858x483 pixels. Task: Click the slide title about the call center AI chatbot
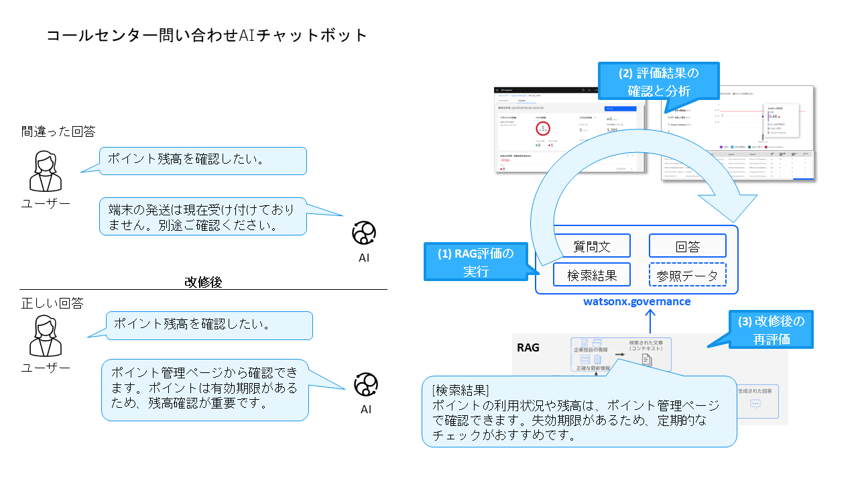point(207,35)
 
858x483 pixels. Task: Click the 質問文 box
point(593,246)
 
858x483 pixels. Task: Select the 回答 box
point(688,246)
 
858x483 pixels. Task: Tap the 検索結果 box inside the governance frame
point(592,274)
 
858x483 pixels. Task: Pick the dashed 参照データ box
point(688,274)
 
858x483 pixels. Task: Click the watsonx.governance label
point(637,301)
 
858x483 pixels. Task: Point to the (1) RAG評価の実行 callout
point(475,262)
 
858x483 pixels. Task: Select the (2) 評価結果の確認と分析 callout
point(658,80)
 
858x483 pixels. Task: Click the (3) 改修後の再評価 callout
point(771,329)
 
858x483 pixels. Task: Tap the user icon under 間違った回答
point(46,172)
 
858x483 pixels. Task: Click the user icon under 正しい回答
point(46,336)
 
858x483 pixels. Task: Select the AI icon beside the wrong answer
point(364,233)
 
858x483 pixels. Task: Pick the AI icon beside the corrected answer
point(366,384)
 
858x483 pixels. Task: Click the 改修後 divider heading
point(203,282)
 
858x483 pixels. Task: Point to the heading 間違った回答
point(58,132)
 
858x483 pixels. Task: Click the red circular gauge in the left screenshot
point(543,128)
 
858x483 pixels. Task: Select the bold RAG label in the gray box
point(529,347)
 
